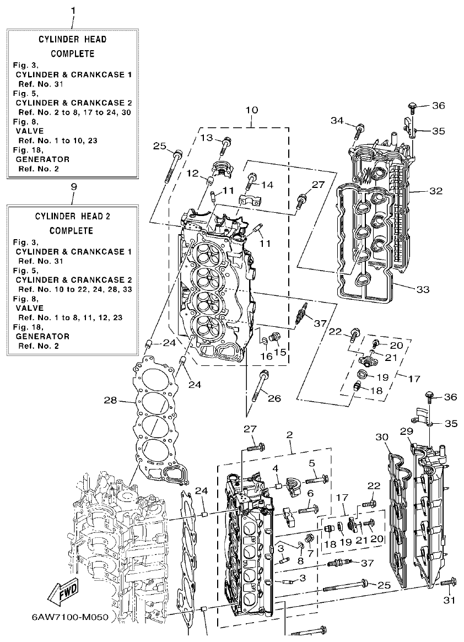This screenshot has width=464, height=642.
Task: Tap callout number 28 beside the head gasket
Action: [x=111, y=400]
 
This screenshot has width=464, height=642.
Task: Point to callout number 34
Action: [x=337, y=121]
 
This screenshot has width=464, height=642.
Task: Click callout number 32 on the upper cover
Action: [x=436, y=192]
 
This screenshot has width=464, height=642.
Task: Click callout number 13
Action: [x=206, y=137]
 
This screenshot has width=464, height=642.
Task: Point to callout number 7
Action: [x=310, y=553]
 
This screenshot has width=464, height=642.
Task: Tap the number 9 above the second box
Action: [x=73, y=187]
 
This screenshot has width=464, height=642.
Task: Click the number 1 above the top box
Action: [x=73, y=9]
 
